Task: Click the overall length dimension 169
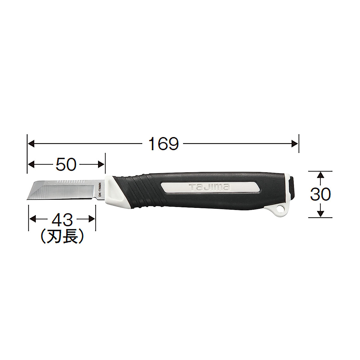[x=164, y=144]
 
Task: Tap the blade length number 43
[x=62, y=220]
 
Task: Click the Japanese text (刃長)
[x=62, y=237]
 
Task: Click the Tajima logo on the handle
[x=209, y=188]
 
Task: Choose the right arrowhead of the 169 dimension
[x=295, y=144]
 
